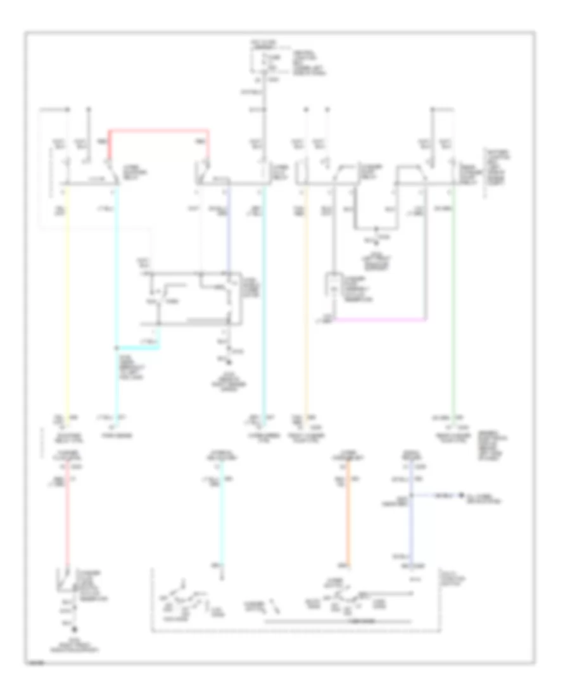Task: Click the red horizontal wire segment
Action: [x=158, y=131]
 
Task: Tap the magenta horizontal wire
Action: [x=380, y=319]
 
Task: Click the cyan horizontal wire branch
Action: [x=138, y=347]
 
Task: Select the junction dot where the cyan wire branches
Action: [x=117, y=347]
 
